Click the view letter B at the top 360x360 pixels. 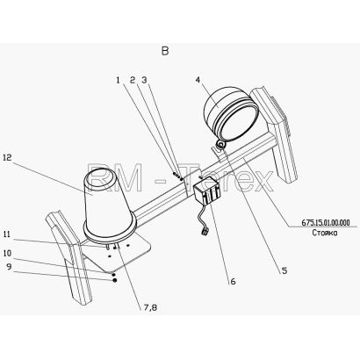[165, 51]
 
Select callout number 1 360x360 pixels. [119, 80]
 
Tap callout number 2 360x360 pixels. [133, 80]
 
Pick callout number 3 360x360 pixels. [144, 80]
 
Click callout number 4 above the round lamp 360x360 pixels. [198, 80]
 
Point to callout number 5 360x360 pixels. [284, 270]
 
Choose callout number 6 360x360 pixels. [233, 282]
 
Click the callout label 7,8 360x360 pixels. [150, 307]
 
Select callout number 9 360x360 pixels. [10, 267]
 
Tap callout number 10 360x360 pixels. [7, 253]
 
